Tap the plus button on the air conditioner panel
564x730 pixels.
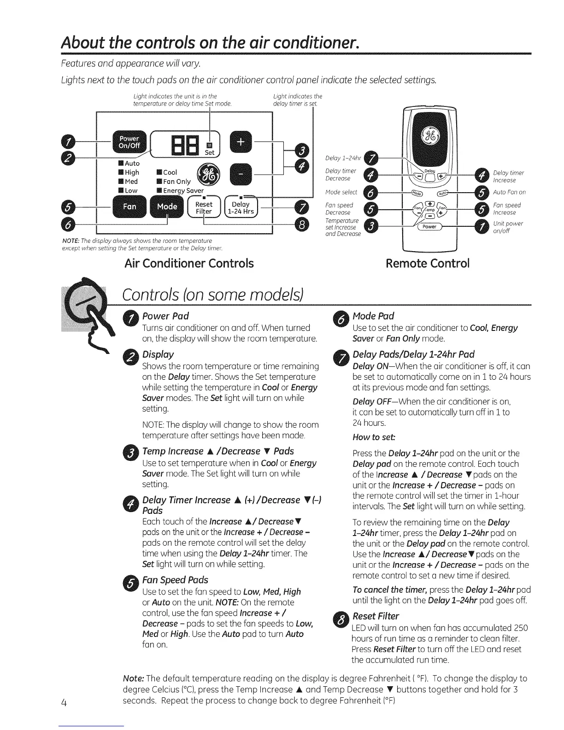pos(241,142)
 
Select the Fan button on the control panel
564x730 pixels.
pos(129,206)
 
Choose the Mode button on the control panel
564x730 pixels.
pos(167,206)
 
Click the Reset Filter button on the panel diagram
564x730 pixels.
pos(204,208)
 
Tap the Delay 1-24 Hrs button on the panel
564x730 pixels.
pos(241,208)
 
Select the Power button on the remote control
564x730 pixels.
pos(429,226)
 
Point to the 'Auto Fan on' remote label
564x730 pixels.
pos(509,192)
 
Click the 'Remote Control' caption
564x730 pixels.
pos(428,263)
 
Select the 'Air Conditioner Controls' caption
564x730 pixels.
pos(189,263)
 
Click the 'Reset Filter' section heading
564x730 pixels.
pos(376,616)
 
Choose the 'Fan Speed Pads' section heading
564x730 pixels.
pos(175,580)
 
